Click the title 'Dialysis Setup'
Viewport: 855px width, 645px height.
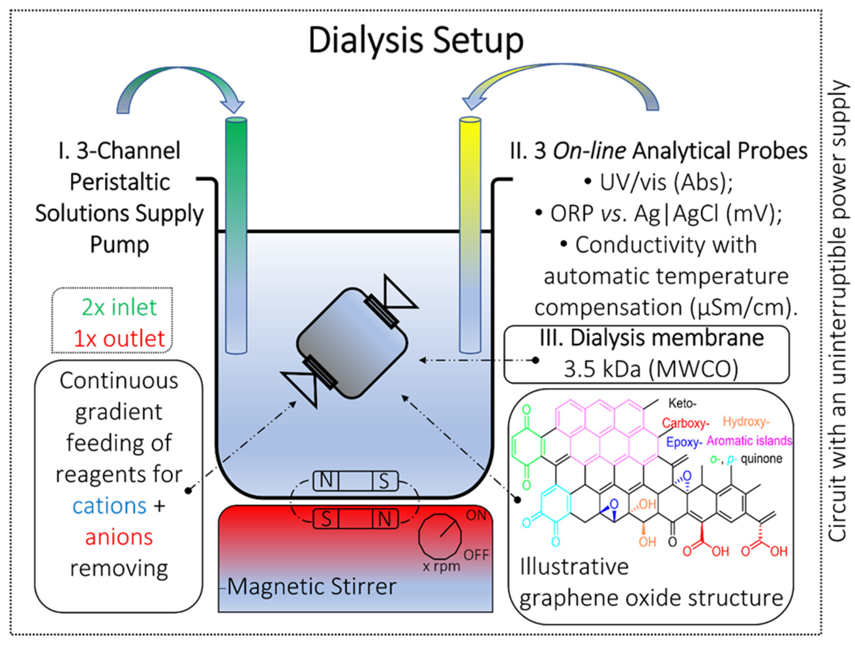[x=416, y=41]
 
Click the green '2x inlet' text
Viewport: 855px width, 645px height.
[x=119, y=307]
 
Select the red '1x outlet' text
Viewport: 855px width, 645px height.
[x=119, y=339]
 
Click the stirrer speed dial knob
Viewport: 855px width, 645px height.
[x=440, y=536]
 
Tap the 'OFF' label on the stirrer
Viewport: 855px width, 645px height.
[x=476, y=555]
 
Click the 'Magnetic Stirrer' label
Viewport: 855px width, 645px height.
[x=311, y=587]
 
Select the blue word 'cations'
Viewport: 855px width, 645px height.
[x=109, y=506]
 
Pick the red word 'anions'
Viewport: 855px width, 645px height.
[x=119, y=537]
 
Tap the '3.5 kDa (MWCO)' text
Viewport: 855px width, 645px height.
[x=651, y=369]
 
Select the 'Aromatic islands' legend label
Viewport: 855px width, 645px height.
[x=749, y=441]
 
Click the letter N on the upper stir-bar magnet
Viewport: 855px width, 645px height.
[x=326, y=481]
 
